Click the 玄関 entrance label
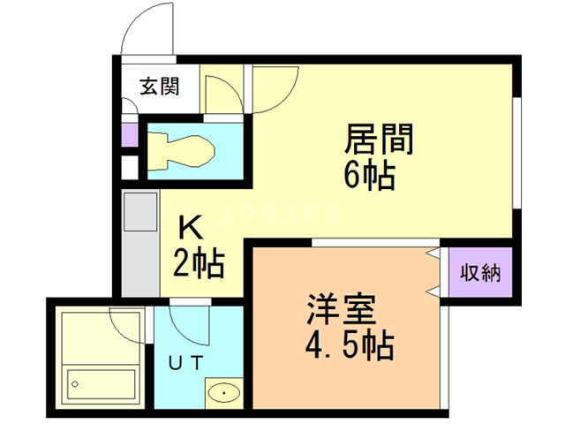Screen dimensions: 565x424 [x=159, y=87]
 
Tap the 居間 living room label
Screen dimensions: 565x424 [x=379, y=139]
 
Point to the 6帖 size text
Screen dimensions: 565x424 [x=370, y=176]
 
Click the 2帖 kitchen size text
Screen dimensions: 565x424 [x=199, y=263]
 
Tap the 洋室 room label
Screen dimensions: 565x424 [x=342, y=310]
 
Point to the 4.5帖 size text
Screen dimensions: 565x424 [x=350, y=346]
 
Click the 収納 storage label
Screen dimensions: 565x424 [x=480, y=273]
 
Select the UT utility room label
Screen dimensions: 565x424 [x=186, y=363]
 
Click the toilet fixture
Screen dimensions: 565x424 [x=181, y=151]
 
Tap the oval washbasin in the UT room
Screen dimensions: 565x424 [x=224, y=392]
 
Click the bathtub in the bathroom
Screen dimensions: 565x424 [x=102, y=384]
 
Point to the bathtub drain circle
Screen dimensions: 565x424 [x=75, y=384]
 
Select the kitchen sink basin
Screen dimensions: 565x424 [x=140, y=212]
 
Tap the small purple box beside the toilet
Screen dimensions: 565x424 [x=130, y=135]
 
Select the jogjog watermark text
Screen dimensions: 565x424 [x=282, y=212]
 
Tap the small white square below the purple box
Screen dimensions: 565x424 [x=130, y=167]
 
